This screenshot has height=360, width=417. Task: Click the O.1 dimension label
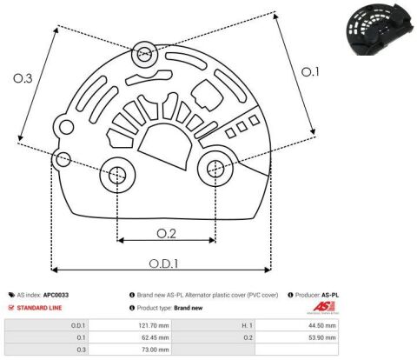[310, 72]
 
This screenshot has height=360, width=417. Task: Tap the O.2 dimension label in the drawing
[166, 234]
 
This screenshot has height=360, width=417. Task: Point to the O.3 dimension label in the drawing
[23, 78]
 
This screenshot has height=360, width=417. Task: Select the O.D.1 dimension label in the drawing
[163, 263]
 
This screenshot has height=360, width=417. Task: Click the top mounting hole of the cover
[144, 54]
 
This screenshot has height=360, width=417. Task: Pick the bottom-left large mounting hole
[117, 176]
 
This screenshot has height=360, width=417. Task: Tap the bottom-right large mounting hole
[215, 169]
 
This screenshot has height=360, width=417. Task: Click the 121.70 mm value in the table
[154, 325]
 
